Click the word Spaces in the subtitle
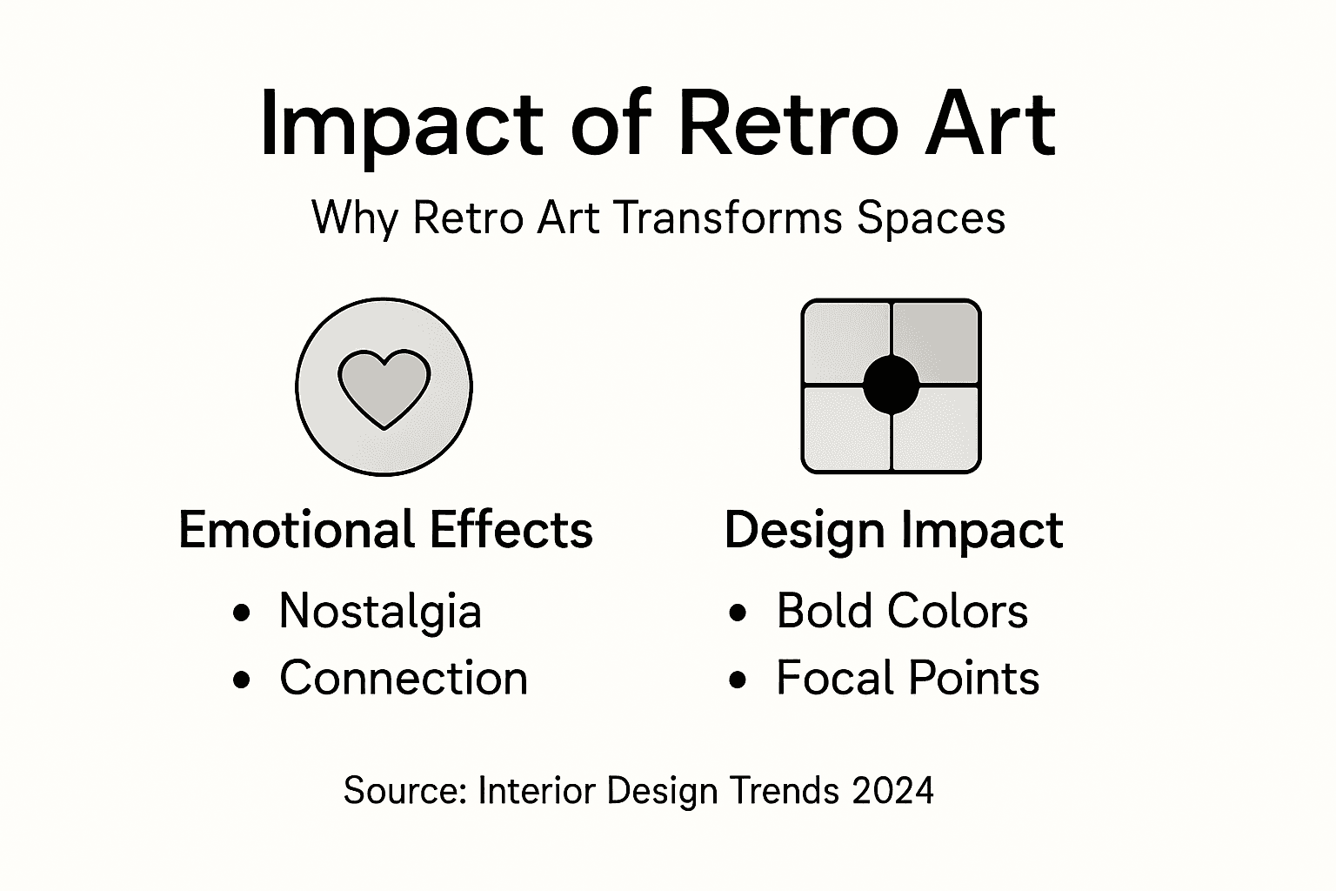pos(931,218)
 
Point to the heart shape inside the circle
pos(384,388)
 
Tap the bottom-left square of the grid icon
pos(845,430)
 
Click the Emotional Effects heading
pos(385,530)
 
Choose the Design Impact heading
pos(893,530)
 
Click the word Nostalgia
pos(380,611)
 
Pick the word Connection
pos(404,678)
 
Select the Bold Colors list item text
pos(902,611)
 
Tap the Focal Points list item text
pos(907,678)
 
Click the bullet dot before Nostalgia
pos(243,613)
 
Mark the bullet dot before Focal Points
pos(738,680)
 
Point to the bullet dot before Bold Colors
pos(738,613)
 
